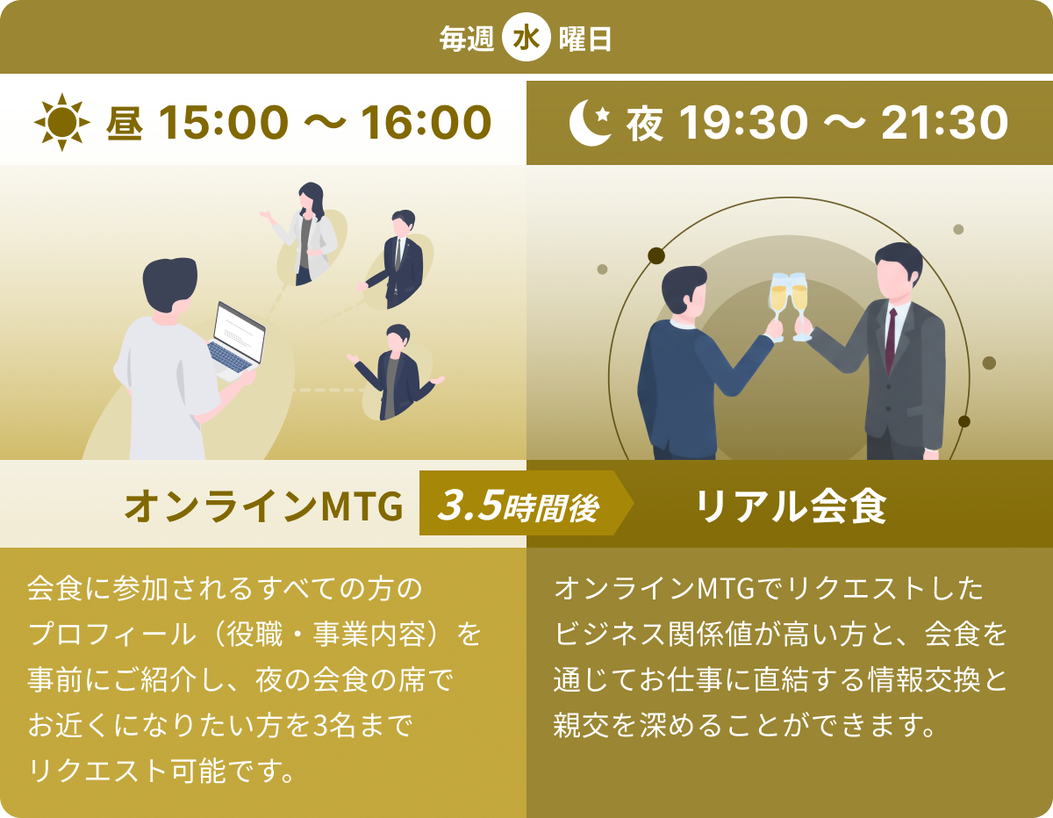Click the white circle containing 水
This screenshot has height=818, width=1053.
point(526,40)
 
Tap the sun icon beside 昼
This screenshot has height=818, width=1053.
point(62,123)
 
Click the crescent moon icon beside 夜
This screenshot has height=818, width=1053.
point(591,123)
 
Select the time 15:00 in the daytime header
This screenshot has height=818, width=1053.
point(223,123)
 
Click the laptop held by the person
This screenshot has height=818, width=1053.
point(238,339)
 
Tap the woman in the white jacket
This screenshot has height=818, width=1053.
point(307,232)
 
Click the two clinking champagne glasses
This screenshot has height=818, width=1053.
point(788,304)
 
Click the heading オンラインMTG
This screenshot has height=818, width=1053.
point(264,506)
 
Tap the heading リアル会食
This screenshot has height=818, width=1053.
point(791,506)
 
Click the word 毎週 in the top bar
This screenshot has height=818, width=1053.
point(467,40)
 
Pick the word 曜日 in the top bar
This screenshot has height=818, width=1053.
point(585,40)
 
